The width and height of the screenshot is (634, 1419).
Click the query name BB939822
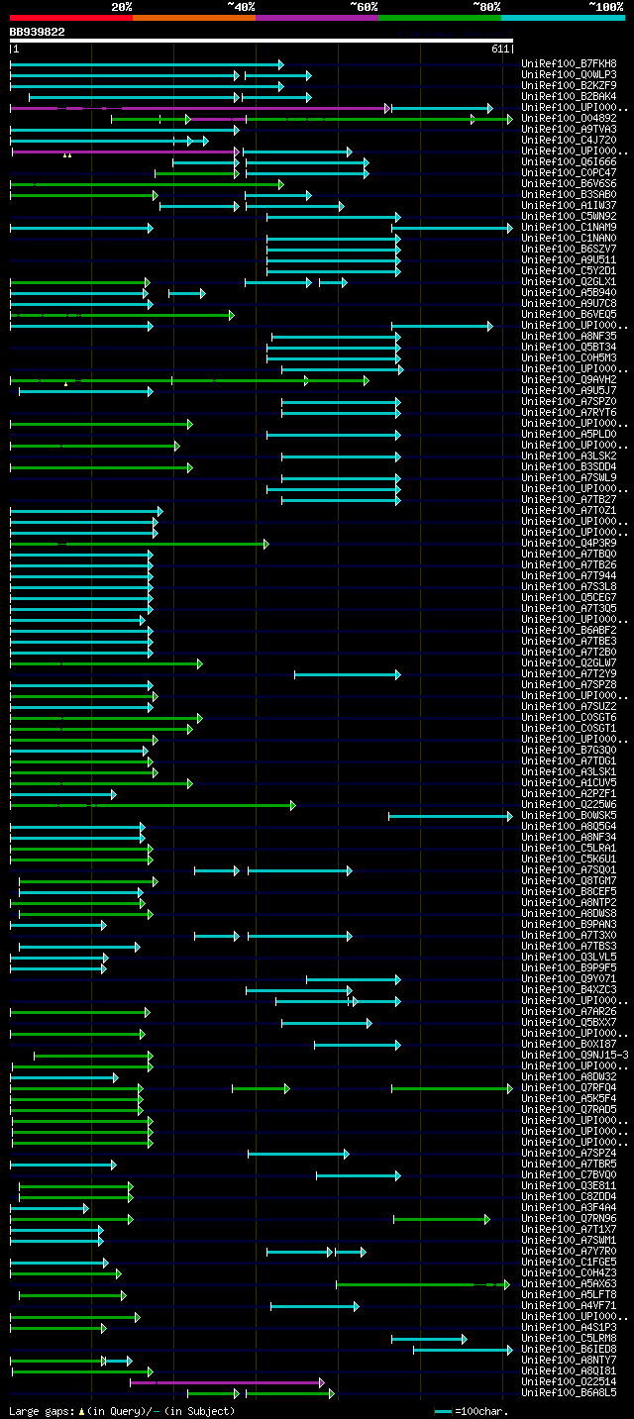pyautogui.click(x=38, y=32)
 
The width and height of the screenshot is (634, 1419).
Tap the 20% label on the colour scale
pyautogui.click(x=121, y=6)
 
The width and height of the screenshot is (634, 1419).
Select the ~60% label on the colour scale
pyautogui.click(x=364, y=6)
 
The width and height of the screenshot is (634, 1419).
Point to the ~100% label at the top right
pyautogui.click(x=606, y=6)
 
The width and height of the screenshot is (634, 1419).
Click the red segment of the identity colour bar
pyautogui.click(x=70, y=17)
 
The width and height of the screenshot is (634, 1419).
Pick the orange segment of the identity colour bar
pyautogui.click(x=193, y=17)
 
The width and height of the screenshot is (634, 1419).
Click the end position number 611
pyautogui.click(x=500, y=49)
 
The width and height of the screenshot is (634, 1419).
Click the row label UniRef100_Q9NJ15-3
pyautogui.click(x=575, y=1055)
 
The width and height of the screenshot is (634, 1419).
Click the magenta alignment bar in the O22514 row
pyautogui.click(x=226, y=1382)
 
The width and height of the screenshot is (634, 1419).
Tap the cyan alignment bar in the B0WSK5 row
pyautogui.click(x=450, y=816)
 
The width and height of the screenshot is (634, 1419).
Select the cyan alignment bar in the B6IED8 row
pyautogui.click(x=462, y=1350)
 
